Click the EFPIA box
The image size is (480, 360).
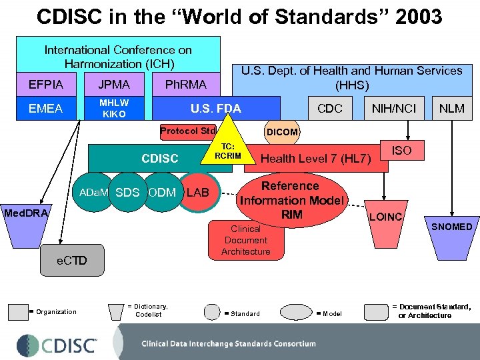click(x=46, y=85)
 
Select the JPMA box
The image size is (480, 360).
click(x=114, y=85)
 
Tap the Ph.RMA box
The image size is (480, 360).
click(x=185, y=85)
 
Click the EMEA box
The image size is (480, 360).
click(x=46, y=108)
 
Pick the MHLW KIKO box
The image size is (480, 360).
click(x=114, y=108)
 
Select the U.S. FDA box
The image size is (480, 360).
click(x=215, y=109)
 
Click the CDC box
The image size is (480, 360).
click(x=330, y=109)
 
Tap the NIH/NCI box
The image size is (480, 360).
click(x=394, y=109)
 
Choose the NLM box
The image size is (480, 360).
click(x=452, y=109)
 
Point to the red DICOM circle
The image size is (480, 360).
click(x=282, y=132)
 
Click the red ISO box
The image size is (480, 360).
click(x=401, y=151)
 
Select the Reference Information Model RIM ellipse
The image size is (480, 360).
click(x=291, y=199)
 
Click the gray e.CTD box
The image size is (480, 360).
click(x=71, y=260)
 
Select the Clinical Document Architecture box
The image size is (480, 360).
click(x=247, y=240)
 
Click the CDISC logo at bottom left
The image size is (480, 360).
click(x=57, y=345)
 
